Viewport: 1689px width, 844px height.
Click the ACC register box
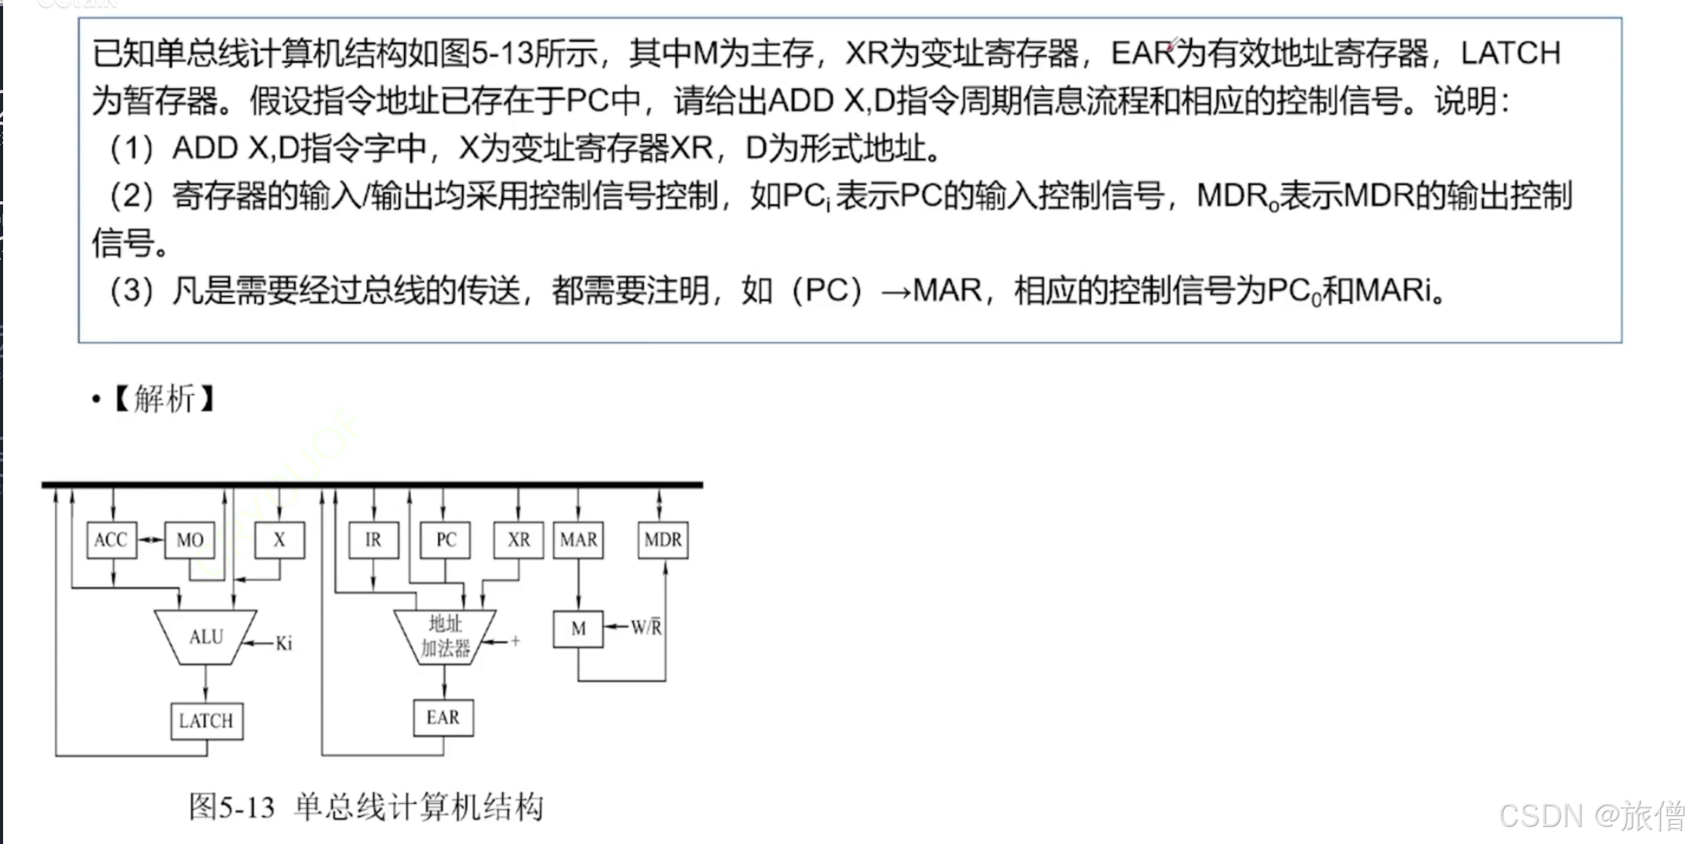coord(111,540)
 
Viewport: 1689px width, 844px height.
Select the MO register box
coord(190,540)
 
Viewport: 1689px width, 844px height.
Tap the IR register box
coord(373,540)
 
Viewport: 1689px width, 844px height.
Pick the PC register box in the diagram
coord(446,540)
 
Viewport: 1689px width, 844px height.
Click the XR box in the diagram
coord(519,540)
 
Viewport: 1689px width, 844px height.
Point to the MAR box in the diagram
coord(578,540)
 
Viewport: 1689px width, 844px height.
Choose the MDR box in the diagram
coord(663,540)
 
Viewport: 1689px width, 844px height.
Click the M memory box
coord(578,629)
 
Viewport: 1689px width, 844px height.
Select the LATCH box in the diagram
coord(206,721)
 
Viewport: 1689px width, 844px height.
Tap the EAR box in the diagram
coord(443,718)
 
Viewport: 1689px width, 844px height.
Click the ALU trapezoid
coord(206,637)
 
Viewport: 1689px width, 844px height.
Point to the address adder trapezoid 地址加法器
coord(445,636)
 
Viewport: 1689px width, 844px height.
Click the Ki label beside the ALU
coord(283,643)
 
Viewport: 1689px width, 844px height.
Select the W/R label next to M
coord(646,627)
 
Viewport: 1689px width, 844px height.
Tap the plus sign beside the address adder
coord(516,641)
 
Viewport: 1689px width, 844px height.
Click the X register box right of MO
coord(279,540)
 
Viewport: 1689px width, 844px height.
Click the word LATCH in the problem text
coord(1510,53)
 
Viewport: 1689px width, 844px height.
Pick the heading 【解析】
coord(163,400)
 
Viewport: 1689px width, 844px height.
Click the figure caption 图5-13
coord(231,808)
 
